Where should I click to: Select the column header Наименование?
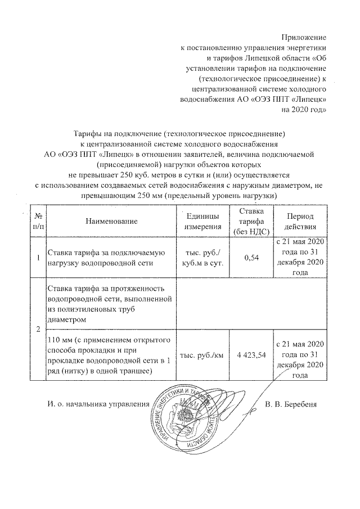(x=111, y=222)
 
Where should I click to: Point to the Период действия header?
(x=300, y=222)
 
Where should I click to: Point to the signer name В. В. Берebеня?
(x=291, y=404)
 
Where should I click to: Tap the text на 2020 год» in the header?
(x=304, y=110)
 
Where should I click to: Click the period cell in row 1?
(x=300, y=258)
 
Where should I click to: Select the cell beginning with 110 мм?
(x=110, y=355)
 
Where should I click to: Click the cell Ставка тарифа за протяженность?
(x=110, y=304)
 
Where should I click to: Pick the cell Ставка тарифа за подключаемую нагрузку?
(x=110, y=258)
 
